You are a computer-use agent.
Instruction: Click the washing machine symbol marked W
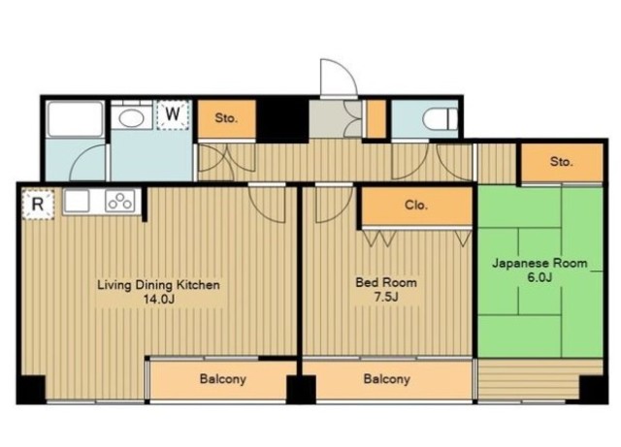coord(173,114)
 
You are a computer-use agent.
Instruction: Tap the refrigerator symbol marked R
coord(38,205)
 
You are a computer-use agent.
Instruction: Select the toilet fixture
coord(440,118)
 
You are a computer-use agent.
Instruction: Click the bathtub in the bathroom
coord(75,119)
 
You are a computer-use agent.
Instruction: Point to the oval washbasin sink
coord(131,118)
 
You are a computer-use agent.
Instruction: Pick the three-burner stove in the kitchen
coord(120,201)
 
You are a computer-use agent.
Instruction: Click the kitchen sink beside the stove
coord(77,201)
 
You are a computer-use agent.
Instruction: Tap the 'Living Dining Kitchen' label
coord(158,285)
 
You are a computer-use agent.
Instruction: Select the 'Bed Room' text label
coord(386,282)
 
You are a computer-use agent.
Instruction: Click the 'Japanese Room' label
coord(539,264)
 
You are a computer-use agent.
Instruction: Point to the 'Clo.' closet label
coord(416,206)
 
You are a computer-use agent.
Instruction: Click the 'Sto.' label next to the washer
coord(226,118)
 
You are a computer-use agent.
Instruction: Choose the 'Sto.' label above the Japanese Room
coord(561,162)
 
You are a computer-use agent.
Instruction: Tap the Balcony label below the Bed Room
coord(386,379)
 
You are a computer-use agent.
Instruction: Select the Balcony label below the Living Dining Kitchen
coord(222,379)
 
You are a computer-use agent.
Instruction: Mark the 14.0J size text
coord(159,299)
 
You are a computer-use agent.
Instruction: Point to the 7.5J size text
coord(386,297)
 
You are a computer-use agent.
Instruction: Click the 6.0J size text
coord(539,277)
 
